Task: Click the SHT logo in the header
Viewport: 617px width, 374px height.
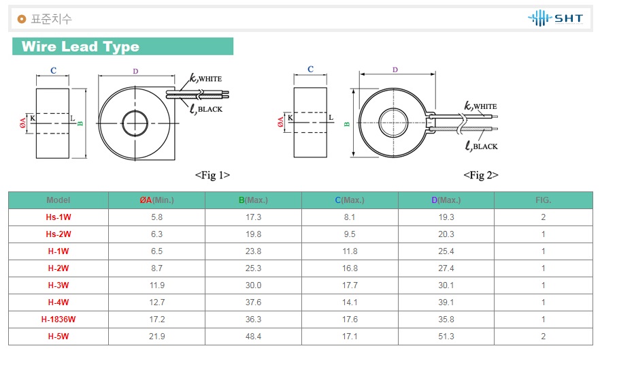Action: (x=555, y=18)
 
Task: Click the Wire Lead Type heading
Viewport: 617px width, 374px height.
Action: (x=80, y=46)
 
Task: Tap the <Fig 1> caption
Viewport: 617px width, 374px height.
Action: (x=212, y=175)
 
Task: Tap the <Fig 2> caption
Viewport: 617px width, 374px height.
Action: (x=481, y=175)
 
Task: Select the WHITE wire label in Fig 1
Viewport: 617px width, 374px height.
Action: (x=210, y=79)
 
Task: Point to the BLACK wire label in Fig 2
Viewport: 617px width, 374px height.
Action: (x=485, y=146)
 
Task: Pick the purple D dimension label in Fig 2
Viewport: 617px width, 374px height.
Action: (x=395, y=69)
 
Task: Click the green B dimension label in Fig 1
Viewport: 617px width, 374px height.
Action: (x=80, y=123)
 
